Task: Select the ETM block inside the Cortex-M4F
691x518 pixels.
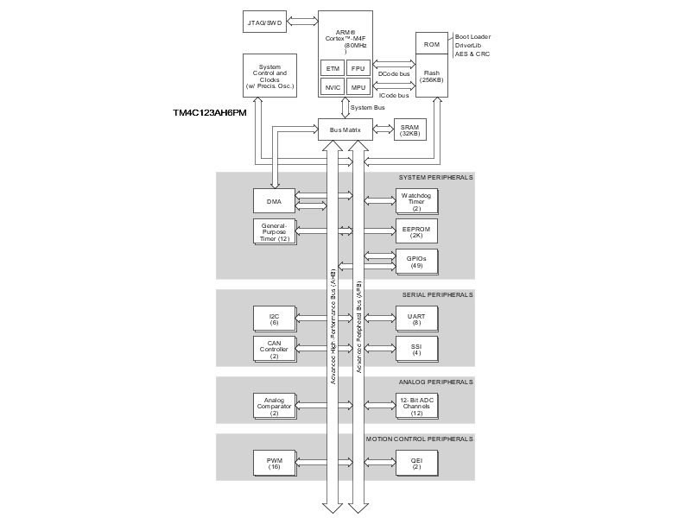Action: coord(332,68)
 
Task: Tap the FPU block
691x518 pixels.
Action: coord(358,68)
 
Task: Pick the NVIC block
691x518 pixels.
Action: coord(332,87)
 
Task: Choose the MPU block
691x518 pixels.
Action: coord(358,87)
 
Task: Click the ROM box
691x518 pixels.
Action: coord(431,45)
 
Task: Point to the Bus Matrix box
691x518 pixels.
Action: coord(345,130)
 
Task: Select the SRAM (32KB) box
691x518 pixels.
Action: coord(409,130)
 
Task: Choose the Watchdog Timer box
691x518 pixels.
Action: coord(416,202)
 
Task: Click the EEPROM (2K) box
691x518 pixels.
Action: coord(416,231)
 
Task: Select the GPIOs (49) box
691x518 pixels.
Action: coord(416,262)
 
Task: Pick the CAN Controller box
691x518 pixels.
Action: coord(275,349)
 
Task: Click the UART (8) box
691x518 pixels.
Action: coord(416,319)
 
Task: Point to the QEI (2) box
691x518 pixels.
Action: coord(416,464)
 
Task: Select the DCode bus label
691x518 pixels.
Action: coord(394,74)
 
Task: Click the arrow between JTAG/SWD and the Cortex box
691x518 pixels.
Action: coord(303,21)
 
